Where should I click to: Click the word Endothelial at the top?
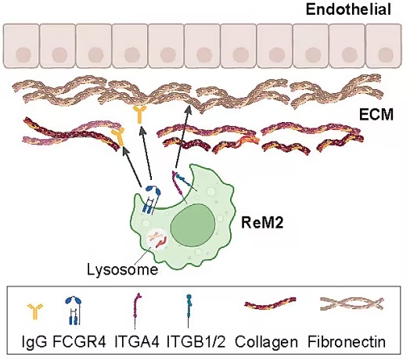pos(348,9)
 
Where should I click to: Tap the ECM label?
pos(376,114)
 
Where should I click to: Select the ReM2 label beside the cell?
pos(262,223)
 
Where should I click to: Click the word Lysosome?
pos(122,269)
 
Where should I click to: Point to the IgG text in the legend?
pos(34,341)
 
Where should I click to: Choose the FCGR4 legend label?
pos(79,341)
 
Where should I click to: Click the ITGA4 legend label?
pos(137,341)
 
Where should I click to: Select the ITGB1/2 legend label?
pos(196,341)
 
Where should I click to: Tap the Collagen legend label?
pos(266,342)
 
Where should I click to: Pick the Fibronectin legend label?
pos(347,341)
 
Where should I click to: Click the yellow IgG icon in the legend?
pos(34,311)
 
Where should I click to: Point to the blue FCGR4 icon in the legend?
pos(74,311)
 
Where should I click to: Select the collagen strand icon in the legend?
pos(270,303)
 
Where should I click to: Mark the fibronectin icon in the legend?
pos(351,304)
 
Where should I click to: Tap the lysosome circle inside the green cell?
pos(156,239)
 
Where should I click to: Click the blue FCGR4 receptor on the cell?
pos(151,200)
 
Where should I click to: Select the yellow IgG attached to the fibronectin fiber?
pos(139,114)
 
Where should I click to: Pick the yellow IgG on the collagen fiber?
pos(118,137)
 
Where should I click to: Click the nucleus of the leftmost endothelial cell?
pos(23,56)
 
